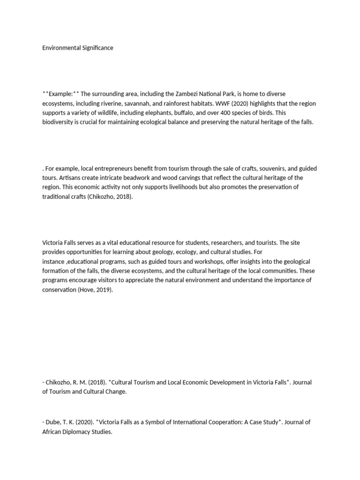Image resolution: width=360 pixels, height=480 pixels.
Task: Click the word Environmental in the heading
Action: pyautogui.click(x=60, y=48)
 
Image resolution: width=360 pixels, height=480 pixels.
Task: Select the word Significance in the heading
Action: pyautogui.click(x=96, y=48)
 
